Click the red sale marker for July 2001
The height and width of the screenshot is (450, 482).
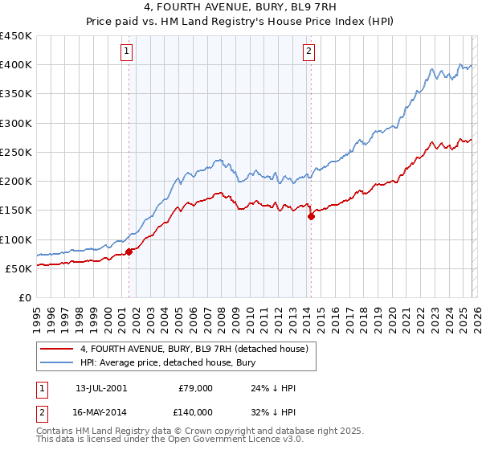click(x=129, y=252)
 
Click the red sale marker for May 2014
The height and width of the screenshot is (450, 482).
click(x=311, y=216)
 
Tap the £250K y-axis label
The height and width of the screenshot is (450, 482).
click(x=16, y=152)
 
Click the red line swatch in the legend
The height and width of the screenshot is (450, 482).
click(x=57, y=349)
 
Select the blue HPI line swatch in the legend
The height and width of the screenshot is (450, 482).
click(x=57, y=363)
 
